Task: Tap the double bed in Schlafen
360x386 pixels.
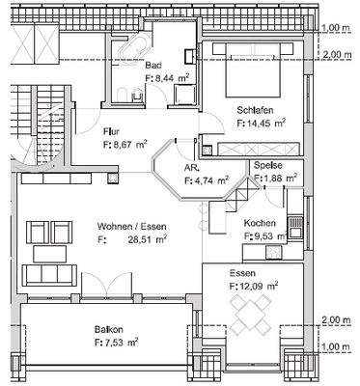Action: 253,69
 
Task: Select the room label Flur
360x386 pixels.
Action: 111,131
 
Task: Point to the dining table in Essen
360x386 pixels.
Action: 250,314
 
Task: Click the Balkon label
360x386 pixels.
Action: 109,329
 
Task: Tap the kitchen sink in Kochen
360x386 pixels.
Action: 295,227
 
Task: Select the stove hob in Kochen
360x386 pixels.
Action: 274,252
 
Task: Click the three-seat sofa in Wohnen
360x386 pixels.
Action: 49,275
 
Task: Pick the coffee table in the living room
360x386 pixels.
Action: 50,254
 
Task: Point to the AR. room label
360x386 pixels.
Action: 192,168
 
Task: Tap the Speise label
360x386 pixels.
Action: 268,165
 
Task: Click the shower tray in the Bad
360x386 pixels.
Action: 184,95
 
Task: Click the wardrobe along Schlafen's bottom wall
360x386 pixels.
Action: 259,149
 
